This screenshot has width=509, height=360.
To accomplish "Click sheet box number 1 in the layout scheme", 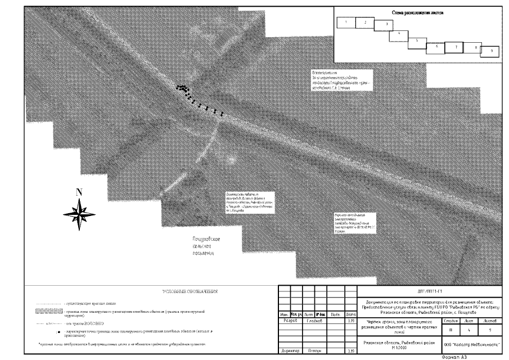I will click(346, 22).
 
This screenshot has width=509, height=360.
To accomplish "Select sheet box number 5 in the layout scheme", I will click(417, 41).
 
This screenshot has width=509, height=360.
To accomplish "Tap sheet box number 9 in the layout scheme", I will click(492, 51).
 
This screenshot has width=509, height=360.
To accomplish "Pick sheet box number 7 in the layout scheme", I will click(455, 48).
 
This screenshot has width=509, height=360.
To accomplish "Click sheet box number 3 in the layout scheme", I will click(386, 25).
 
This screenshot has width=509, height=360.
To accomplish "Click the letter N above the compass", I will click(79, 192).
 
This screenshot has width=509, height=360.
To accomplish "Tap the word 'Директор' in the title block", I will click(289, 350).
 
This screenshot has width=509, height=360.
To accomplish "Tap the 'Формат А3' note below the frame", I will click(455, 357).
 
